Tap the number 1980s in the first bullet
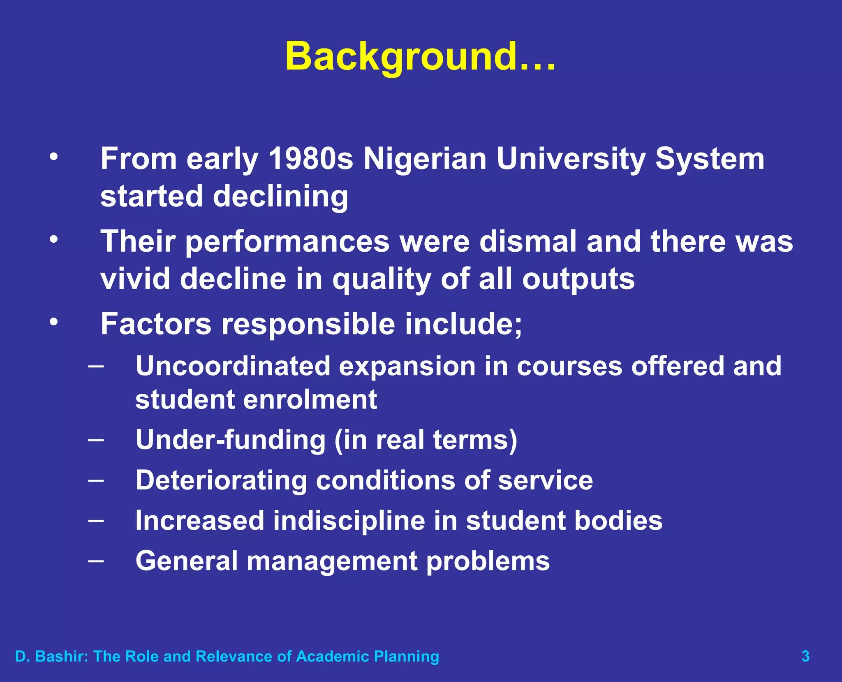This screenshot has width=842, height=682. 311,159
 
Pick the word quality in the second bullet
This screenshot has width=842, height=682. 382,280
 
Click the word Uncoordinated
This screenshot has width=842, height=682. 233,366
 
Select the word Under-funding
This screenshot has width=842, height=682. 231,440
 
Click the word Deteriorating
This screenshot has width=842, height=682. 221,480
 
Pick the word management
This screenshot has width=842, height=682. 331,561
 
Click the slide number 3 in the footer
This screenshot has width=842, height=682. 805,656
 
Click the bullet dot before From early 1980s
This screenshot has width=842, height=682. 53,157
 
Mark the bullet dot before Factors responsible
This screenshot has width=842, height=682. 53,322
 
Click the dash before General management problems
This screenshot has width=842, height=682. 96,561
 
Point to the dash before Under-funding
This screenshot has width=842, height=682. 96,440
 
